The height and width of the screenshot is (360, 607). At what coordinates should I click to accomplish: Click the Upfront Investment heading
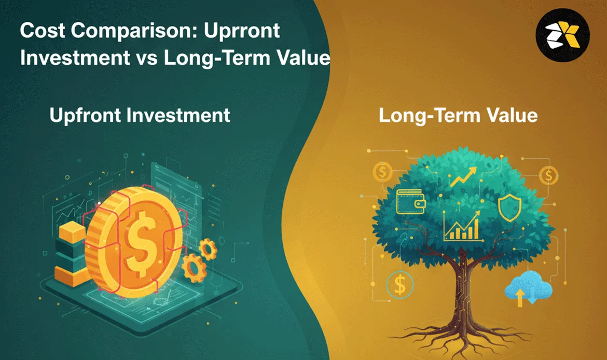pyautogui.click(x=140, y=115)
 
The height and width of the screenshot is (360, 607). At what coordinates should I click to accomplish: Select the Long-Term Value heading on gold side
pyautogui.click(x=458, y=115)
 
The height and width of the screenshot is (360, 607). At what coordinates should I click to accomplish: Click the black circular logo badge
pyautogui.click(x=562, y=35)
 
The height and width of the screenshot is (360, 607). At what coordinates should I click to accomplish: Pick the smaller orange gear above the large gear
pyautogui.click(x=208, y=248)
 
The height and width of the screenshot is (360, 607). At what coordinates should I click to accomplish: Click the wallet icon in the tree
pyautogui.click(x=411, y=201)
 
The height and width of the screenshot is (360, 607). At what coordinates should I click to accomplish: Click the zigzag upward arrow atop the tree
pyautogui.click(x=463, y=177)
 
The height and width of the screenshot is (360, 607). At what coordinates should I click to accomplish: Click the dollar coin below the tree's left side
pyautogui.click(x=400, y=285)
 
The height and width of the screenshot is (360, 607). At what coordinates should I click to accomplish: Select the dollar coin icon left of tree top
pyautogui.click(x=382, y=172)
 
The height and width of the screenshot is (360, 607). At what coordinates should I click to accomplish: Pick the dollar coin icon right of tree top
pyautogui.click(x=548, y=175)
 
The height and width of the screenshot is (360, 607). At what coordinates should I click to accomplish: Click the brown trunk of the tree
pyautogui.click(x=463, y=294)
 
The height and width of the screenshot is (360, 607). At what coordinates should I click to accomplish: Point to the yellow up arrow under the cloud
pyautogui.click(x=520, y=297)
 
